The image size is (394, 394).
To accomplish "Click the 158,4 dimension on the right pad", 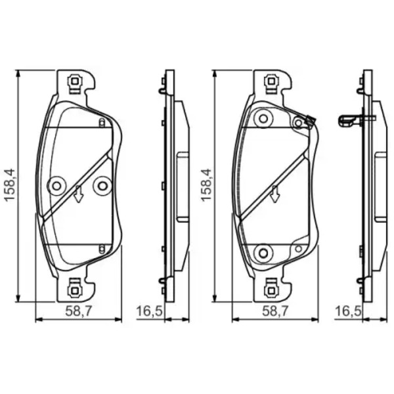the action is [207, 185].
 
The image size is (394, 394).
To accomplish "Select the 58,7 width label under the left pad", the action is [79, 311].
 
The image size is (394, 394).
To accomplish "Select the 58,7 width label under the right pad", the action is [276, 311].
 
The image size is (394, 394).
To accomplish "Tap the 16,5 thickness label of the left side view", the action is [150, 311].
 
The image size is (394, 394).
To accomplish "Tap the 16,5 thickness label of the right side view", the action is [348, 311].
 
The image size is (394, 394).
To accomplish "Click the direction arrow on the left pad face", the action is [78, 194].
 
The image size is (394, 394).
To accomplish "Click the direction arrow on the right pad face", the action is [275, 194].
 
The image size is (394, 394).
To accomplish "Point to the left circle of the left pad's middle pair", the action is [56, 186].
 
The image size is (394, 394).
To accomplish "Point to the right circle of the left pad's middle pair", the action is [102, 186].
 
